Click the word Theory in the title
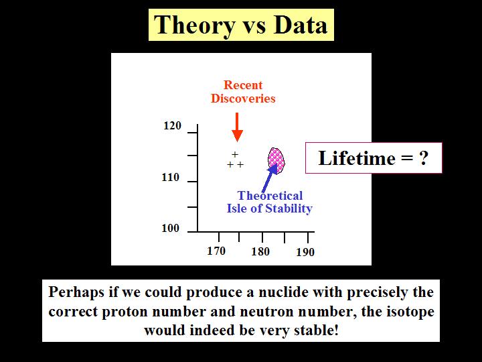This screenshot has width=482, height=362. (x=194, y=26)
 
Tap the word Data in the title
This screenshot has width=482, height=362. (x=301, y=25)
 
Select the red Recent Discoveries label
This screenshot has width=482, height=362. (x=243, y=92)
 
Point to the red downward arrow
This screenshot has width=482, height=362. (x=237, y=127)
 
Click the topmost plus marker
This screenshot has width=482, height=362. (x=235, y=154)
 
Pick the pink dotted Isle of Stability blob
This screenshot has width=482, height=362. (x=276, y=160)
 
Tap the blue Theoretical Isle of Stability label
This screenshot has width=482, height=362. (x=270, y=202)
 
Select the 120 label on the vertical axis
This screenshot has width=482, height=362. (x=172, y=126)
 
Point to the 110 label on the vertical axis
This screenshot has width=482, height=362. (x=170, y=178)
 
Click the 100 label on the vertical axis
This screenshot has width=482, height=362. (x=170, y=229)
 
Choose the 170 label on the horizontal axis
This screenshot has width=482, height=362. (x=216, y=251)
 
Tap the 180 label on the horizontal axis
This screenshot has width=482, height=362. (x=260, y=252)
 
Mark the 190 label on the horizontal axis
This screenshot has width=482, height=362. (x=305, y=253)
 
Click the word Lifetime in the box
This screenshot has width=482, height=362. (x=357, y=158)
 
